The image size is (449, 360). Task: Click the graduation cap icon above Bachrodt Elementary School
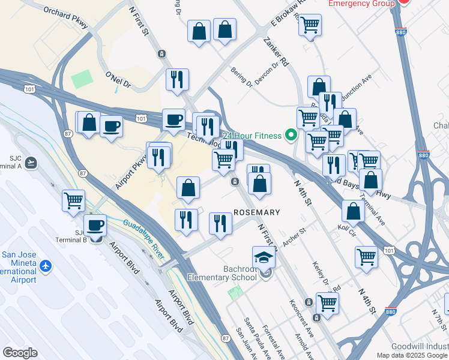(x=263, y=257)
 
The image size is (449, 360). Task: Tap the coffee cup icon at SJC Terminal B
(x=95, y=226)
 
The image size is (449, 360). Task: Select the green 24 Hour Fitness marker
(x=292, y=135)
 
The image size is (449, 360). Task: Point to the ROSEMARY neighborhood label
(x=256, y=212)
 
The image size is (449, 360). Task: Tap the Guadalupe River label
(x=144, y=239)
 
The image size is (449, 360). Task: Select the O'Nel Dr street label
(x=118, y=79)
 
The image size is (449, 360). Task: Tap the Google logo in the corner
(x=20, y=353)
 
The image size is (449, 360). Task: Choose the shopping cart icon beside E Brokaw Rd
(x=310, y=25)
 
